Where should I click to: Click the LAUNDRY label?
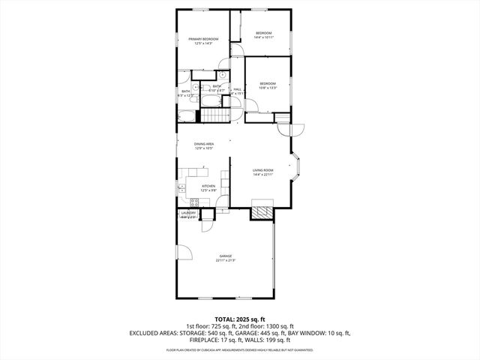click(188, 214)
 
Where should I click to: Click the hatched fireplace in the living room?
click(261, 211)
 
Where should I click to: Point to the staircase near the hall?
click(216, 115)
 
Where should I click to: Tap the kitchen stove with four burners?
click(194, 202)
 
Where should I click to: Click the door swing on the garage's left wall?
click(185, 251)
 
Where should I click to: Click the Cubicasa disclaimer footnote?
click(239, 349)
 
